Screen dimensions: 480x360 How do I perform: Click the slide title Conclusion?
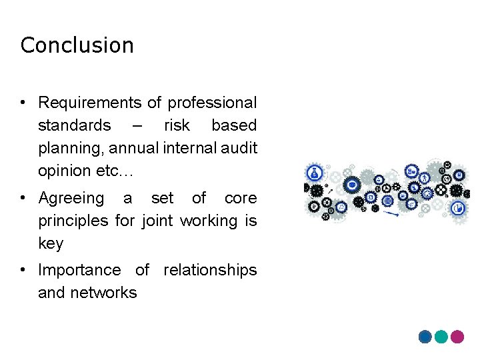[x=77, y=45]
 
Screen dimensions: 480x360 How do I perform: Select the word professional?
[x=212, y=103]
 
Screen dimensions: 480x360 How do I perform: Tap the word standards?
[x=74, y=125]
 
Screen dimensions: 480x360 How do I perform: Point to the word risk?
[x=177, y=125]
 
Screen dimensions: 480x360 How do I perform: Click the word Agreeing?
[x=71, y=199]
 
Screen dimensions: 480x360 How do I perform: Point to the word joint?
[x=159, y=221]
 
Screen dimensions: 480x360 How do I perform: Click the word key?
[x=51, y=243]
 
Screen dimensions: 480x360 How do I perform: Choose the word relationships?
[x=210, y=270]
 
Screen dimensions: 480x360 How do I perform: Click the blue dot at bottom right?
[x=425, y=337]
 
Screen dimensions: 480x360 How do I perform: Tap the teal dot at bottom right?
[x=441, y=337]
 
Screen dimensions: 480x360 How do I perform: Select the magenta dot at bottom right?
[x=457, y=337]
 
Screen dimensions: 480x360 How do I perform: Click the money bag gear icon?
[x=313, y=174]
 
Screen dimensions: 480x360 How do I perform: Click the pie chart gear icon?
[x=459, y=208]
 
